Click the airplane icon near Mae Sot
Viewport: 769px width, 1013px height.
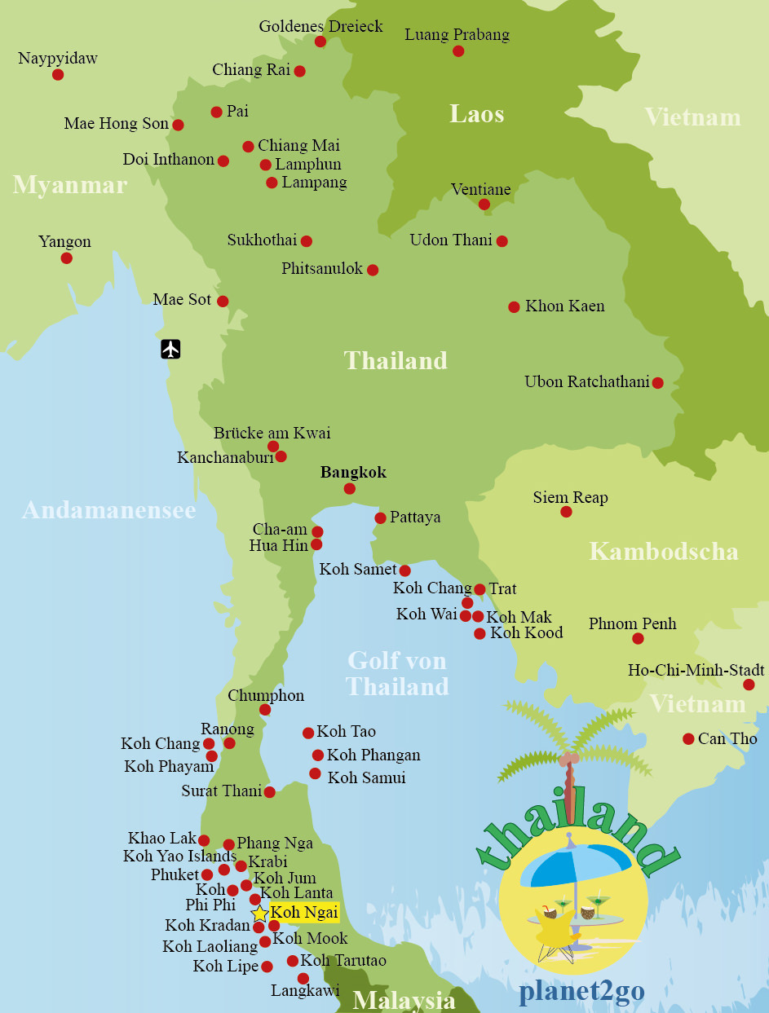tap(170, 349)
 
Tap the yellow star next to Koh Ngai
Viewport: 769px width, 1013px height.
tap(259, 914)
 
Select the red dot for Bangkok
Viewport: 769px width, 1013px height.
tap(349, 489)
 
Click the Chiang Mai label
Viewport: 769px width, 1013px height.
tap(298, 146)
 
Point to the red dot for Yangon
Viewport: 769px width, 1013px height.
tap(66, 258)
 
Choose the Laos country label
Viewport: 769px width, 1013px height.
tap(476, 114)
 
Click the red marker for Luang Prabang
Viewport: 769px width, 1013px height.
tap(458, 51)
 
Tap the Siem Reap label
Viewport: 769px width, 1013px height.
tap(570, 497)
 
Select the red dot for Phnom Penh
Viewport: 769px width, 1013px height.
tap(638, 639)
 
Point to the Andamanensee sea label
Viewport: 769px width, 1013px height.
tap(108, 510)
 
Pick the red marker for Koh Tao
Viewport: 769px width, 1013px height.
tap(308, 733)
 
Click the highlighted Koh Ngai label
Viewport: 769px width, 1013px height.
tap(303, 913)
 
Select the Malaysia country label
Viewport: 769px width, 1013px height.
tap(404, 1000)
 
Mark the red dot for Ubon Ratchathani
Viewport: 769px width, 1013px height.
tap(657, 383)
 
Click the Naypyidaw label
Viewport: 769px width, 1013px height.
tap(58, 59)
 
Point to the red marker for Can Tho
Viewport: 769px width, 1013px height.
tap(688, 739)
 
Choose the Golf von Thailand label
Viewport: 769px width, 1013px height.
tap(397, 673)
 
